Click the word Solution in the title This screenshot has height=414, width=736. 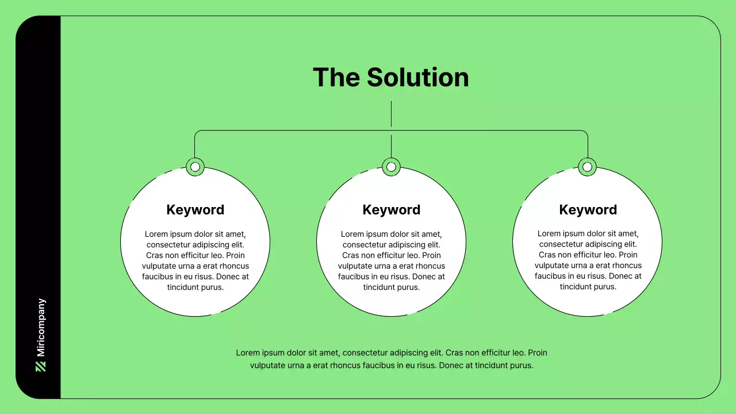pyautogui.click(x=417, y=78)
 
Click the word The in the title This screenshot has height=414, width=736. pyautogui.click(x=336, y=78)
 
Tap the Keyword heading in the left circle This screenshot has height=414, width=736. pyautogui.click(x=195, y=210)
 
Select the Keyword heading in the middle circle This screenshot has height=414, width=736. pyautogui.click(x=391, y=210)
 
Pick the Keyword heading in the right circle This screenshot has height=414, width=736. pyautogui.click(x=588, y=210)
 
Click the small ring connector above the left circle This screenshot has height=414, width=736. pyautogui.click(x=195, y=167)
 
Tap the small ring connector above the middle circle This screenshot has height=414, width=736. pyautogui.click(x=391, y=167)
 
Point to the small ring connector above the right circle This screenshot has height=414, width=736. pyautogui.click(x=587, y=167)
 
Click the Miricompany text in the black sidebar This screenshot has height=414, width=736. pyautogui.click(x=41, y=328)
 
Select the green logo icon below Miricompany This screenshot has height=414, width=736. pyautogui.click(x=41, y=366)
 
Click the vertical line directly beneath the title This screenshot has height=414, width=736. pyautogui.click(x=391, y=114)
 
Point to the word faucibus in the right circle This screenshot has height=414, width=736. pyautogui.click(x=552, y=276)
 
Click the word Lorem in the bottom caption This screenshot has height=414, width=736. pyautogui.click(x=247, y=352)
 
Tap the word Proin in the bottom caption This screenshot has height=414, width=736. pyautogui.click(x=537, y=352)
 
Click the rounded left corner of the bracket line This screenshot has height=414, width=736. pyautogui.click(x=197, y=132)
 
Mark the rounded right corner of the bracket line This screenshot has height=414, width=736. pyautogui.click(x=585, y=132)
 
